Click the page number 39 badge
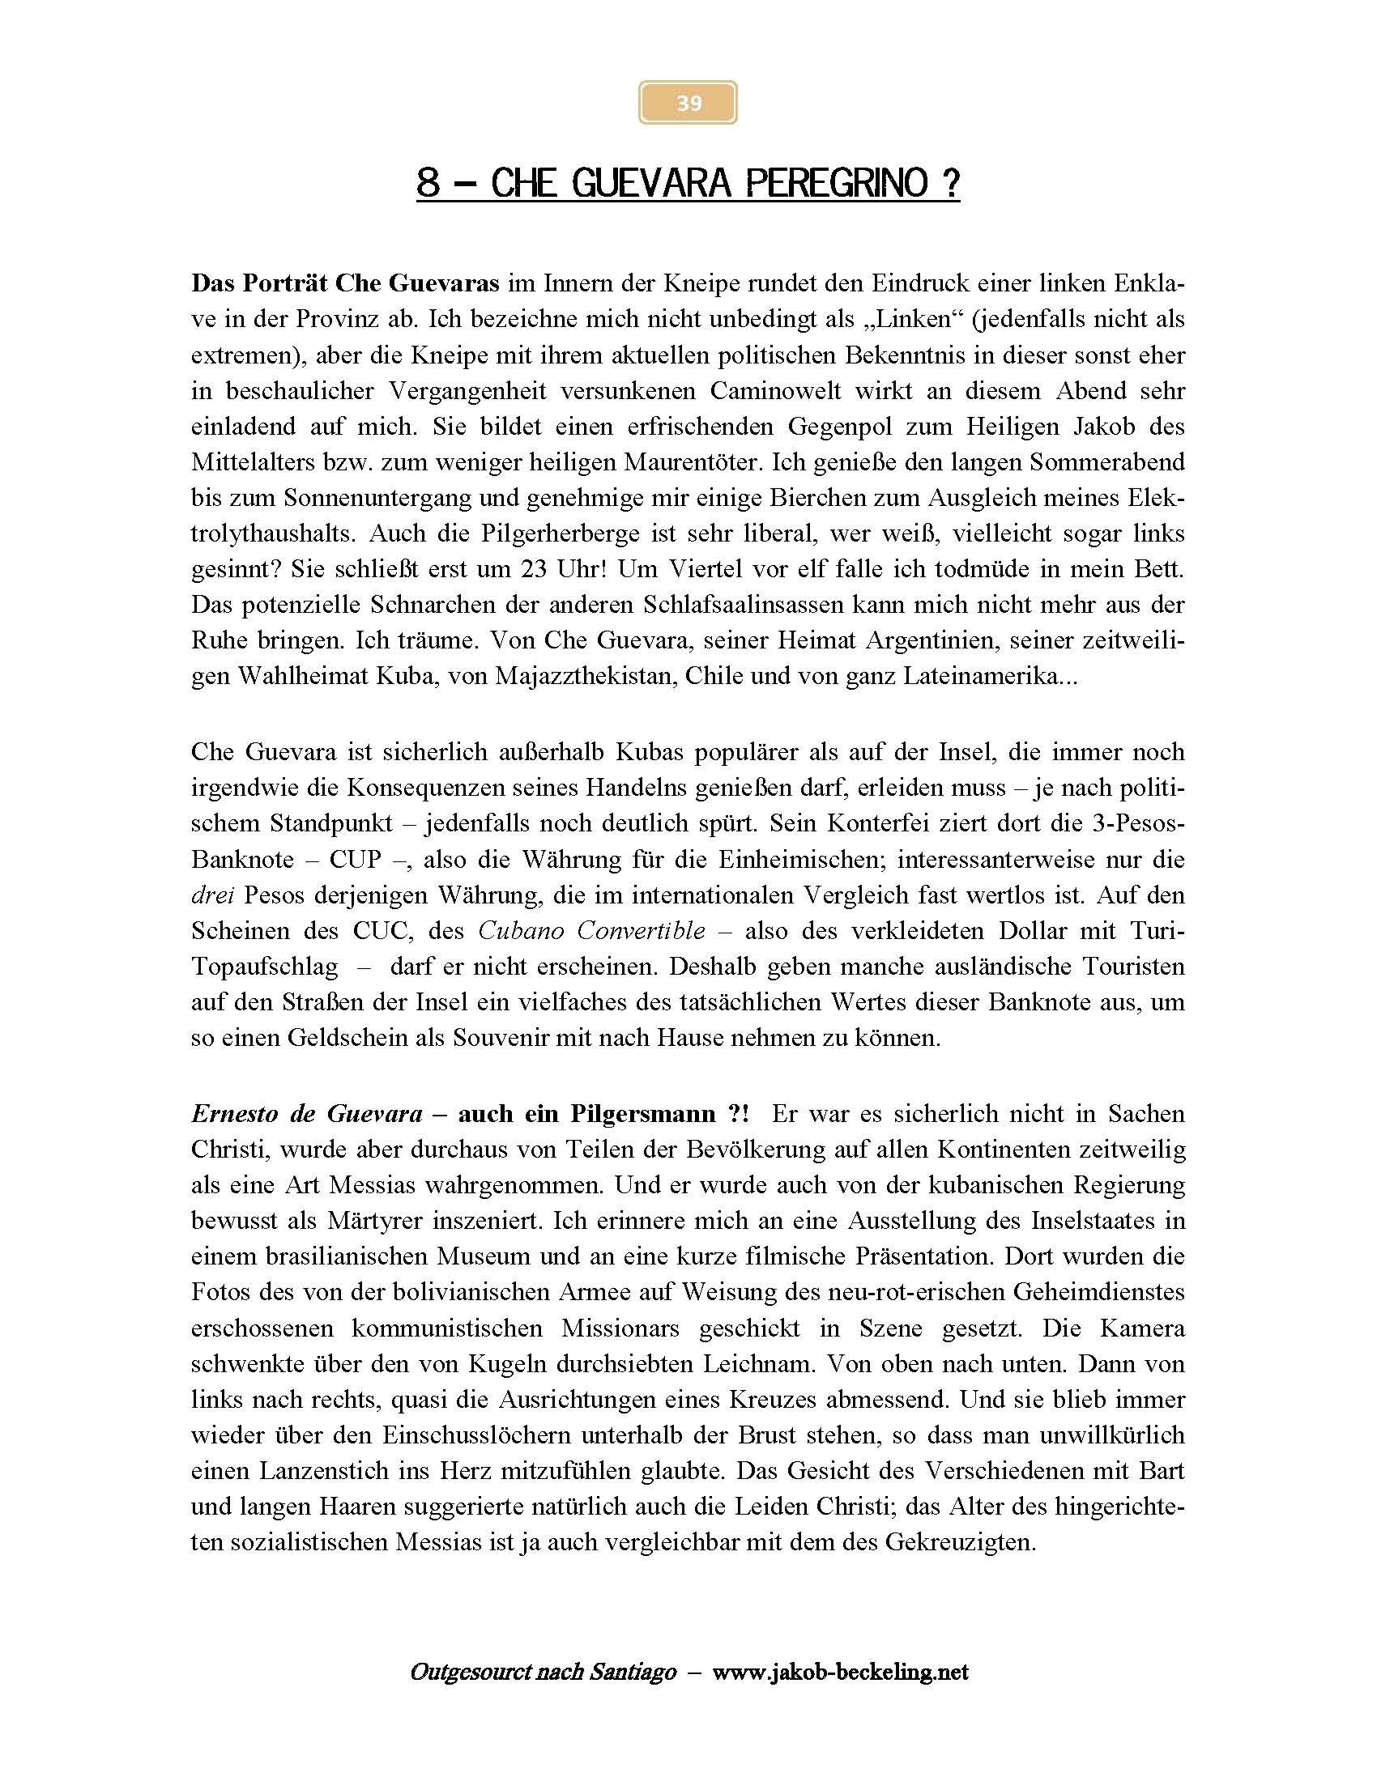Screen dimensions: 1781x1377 [x=688, y=103]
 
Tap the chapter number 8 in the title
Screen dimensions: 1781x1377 [x=428, y=183]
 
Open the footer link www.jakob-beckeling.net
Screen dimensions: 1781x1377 [x=839, y=1673]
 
